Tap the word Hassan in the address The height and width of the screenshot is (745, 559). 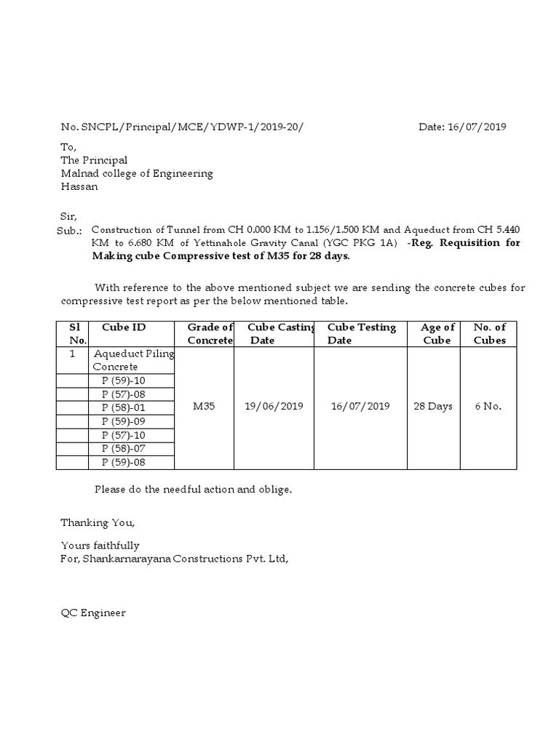79,186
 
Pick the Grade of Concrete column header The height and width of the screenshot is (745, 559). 210,334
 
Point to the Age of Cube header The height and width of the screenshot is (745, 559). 437,334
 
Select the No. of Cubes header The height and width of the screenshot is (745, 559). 490,334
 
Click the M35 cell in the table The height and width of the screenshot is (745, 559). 204,407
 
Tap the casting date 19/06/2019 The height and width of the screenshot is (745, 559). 274,407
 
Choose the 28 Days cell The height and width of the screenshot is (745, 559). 433,407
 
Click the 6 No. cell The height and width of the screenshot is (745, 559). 488,407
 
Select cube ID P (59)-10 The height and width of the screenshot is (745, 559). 124,381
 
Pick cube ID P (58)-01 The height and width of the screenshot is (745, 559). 124,407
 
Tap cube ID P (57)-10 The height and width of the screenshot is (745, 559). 124,435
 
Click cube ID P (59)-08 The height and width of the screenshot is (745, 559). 124,463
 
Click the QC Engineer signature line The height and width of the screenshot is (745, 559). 93,613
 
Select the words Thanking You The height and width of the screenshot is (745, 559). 98,522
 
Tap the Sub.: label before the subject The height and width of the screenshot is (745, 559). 71,230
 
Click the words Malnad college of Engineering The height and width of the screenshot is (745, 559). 137,173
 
